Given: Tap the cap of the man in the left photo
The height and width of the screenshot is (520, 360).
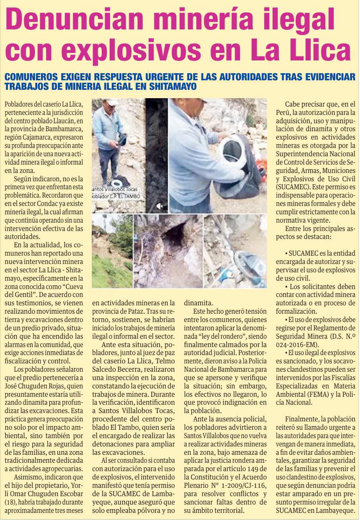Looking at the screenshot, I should coord(112,102).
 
